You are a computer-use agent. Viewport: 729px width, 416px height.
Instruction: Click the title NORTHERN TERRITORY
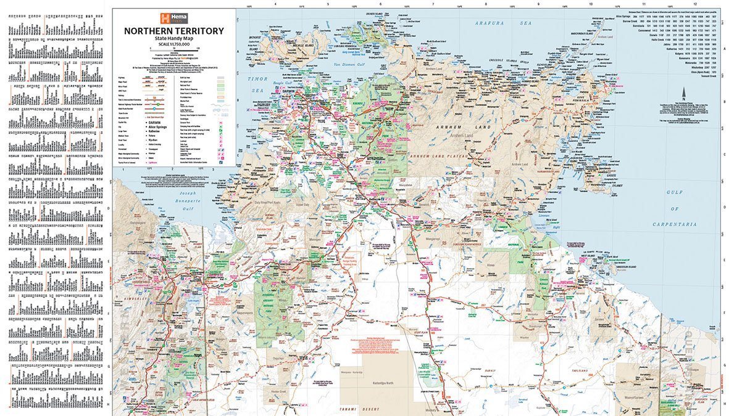point(173,31)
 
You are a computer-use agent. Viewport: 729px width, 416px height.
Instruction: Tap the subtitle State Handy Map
point(173,38)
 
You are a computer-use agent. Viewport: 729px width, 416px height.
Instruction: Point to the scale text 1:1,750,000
point(173,44)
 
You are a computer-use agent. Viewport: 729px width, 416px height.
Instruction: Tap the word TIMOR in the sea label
point(257,79)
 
